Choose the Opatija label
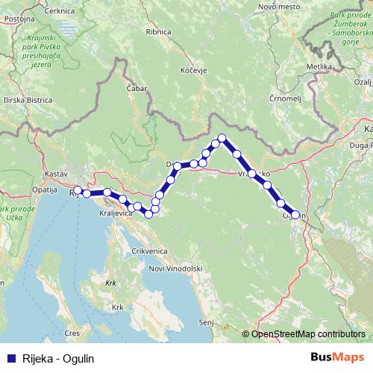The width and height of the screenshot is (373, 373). [46, 190]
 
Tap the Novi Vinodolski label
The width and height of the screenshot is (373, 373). [176, 269]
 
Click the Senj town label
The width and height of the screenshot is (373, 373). [206, 322]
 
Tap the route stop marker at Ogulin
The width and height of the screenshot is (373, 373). [295, 215]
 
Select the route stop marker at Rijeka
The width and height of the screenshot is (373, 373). [78, 190]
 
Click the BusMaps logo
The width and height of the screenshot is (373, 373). [336, 358]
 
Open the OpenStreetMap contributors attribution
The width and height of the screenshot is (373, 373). [308, 333]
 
